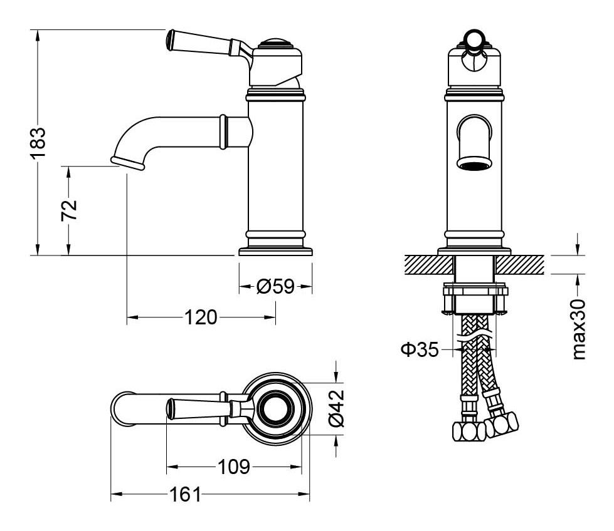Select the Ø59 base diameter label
[x=275, y=287]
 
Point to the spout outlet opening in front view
[x=475, y=165]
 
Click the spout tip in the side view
[x=129, y=162]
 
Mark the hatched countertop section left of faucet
[x=428, y=264]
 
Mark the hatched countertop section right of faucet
[x=520, y=264]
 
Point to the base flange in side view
[x=275, y=252]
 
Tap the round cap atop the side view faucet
[x=277, y=44]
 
